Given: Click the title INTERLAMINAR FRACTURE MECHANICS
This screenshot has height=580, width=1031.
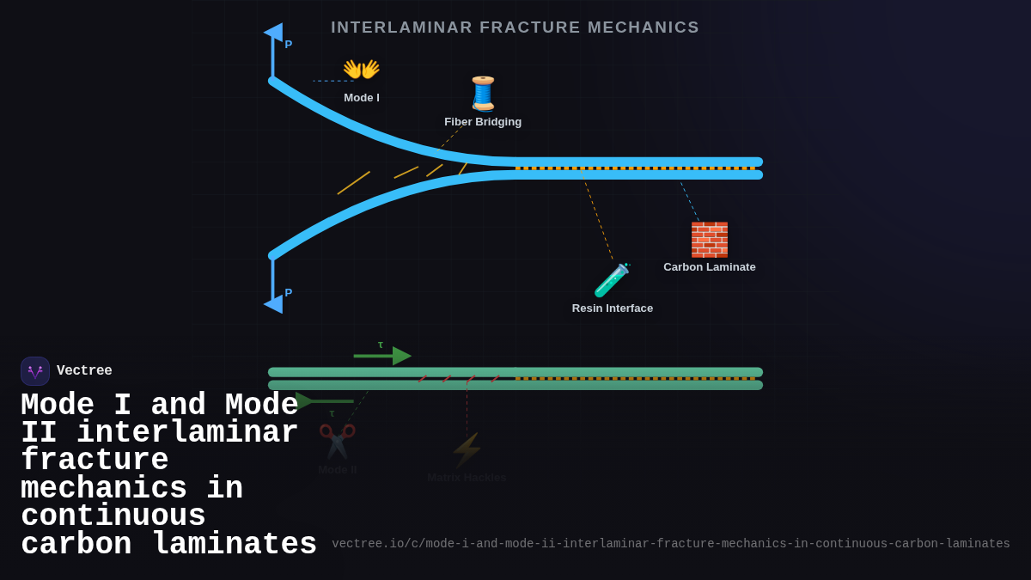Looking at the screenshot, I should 515,27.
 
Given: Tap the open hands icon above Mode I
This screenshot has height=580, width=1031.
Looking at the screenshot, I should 361,70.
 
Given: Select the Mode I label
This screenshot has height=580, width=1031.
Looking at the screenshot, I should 362,98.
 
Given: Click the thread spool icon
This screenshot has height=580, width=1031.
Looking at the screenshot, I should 483,93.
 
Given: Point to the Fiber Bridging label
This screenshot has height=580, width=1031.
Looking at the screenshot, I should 483,122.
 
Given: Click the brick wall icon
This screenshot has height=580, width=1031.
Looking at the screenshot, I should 709,240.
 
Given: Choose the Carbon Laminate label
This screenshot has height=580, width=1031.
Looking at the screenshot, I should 710,267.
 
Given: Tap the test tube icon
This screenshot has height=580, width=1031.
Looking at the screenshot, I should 612,280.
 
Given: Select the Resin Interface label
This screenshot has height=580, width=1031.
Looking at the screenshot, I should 613,308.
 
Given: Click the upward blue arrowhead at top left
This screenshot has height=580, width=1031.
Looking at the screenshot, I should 273,33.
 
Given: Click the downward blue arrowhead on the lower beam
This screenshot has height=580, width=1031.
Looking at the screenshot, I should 273,303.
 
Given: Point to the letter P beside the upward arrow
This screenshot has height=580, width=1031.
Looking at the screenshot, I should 289,45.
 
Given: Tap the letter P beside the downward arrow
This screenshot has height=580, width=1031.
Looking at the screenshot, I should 289,293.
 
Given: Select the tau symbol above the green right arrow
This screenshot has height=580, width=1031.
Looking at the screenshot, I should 381,345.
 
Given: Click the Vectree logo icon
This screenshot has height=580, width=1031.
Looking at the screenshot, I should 35,371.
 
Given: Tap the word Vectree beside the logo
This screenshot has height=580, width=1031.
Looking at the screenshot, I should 84,371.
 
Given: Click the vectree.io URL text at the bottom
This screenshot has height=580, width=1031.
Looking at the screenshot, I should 670,544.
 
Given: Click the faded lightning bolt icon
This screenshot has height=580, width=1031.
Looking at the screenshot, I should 467,449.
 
